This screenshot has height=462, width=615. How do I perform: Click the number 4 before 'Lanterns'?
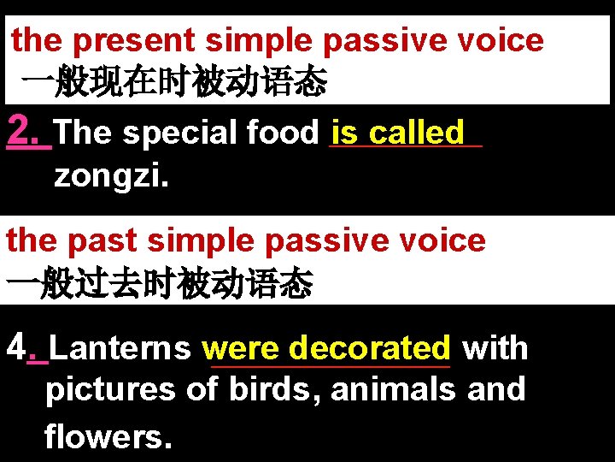tap(16, 348)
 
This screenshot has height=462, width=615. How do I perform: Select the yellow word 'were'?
tap(243, 348)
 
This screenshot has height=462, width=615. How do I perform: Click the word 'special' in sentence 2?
tap(179, 133)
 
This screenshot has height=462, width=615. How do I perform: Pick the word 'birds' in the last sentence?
tap(273, 389)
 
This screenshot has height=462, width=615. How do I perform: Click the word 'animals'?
tap(393, 389)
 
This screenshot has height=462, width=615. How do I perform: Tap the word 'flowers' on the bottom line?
tap(107, 436)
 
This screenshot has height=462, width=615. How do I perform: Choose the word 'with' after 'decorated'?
tap(495, 348)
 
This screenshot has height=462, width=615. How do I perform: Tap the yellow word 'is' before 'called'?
tap(345, 133)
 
